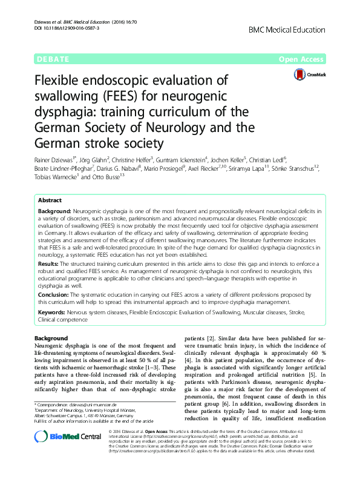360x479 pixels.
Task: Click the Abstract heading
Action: tap(50, 200)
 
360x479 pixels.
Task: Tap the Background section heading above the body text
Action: tap(51, 337)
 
